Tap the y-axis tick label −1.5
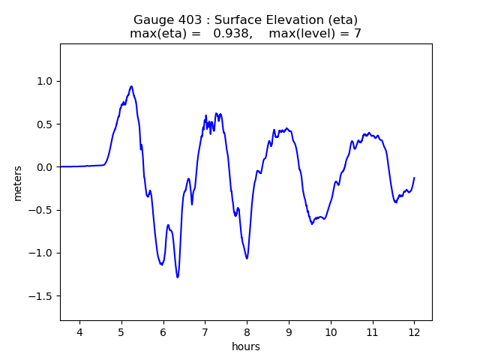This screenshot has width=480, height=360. pyautogui.click(x=42, y=295)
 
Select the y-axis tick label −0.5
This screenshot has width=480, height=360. pyautogui.click(x=42, y=210)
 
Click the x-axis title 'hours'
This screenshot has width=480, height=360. pyautogui.click(x=246, y=347)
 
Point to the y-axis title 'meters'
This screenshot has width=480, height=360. pyautogui.click(x=17, y=182)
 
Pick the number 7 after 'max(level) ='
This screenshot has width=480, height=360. pyautogui.click(x=358, y=34)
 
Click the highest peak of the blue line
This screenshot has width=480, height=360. pyautogui.click(x=131, y=86)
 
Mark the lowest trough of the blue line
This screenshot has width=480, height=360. pyautogui.click(x=178, y=277)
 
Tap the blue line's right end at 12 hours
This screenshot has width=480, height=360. pyautogui.click(x=414, y=178)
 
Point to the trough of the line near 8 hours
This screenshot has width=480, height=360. pyautogui.click(x=246, y=258)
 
